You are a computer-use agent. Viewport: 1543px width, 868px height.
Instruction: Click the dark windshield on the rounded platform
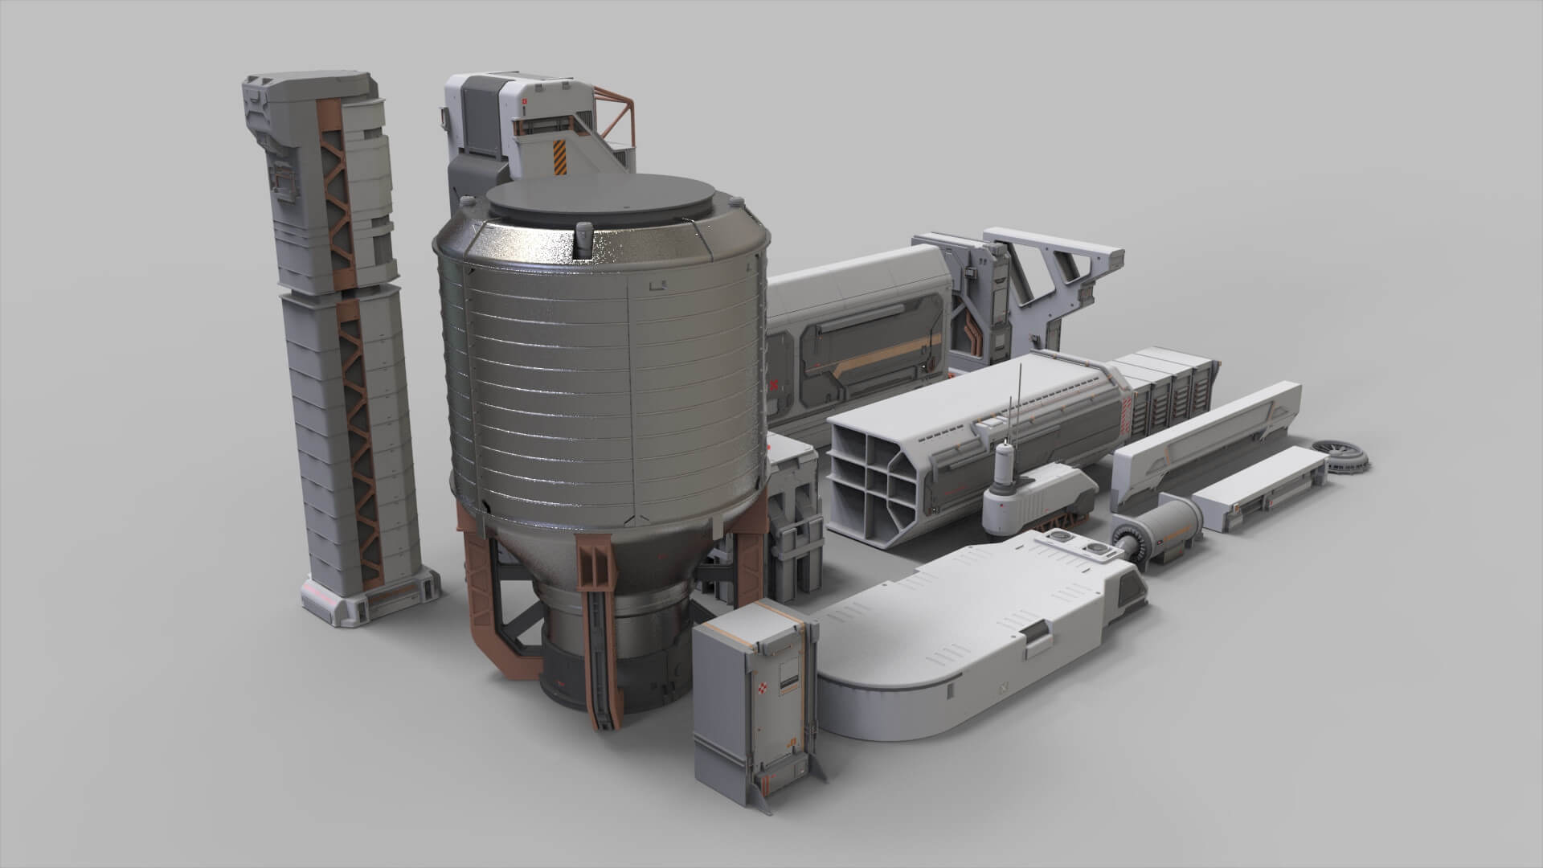(x=1136, y=596)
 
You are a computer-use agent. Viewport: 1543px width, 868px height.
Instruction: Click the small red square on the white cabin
(x=524, y=102)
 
